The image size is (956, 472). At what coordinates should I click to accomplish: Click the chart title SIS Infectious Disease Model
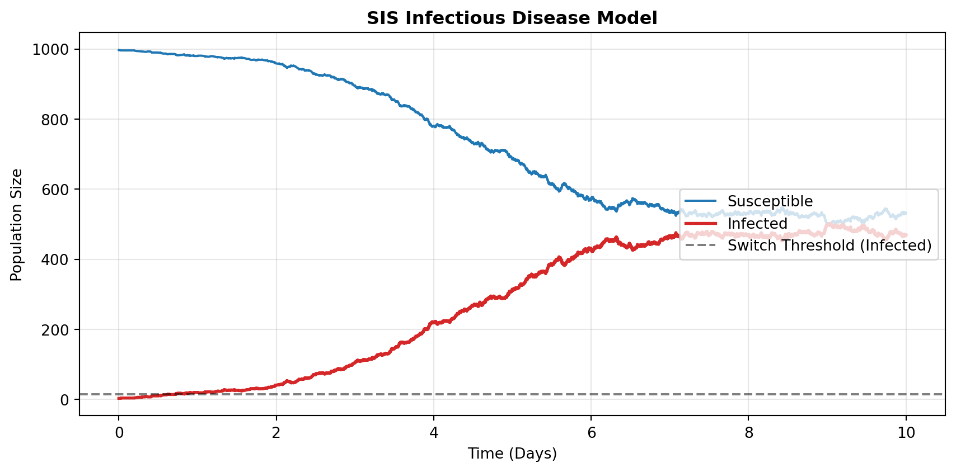tap(512, 18)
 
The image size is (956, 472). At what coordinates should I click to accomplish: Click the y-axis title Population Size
tap(17, 225)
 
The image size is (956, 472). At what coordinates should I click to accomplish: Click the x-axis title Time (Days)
tap(512, 454)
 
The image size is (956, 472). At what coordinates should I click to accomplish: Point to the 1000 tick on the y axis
tap(51, 50)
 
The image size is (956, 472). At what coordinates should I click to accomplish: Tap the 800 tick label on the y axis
tap(55, 120)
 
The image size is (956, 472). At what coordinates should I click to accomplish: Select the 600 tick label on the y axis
tap(55, 190)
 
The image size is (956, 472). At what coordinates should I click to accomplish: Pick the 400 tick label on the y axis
tap(55, 259)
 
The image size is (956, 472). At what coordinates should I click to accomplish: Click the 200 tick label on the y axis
tap(55, 330)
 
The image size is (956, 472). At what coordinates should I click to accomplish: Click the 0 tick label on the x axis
tap(119, 432)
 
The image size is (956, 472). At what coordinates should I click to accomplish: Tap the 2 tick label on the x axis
tap(276, 432)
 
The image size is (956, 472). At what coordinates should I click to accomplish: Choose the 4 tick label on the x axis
tap(433, 432)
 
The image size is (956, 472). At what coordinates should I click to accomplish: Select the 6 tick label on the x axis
tap(591, 432)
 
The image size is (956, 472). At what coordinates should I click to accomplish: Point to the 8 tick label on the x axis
tap(748, 432)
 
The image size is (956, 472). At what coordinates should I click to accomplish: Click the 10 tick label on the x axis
tap(906, 432)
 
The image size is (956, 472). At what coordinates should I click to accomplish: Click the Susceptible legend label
tap(770, 201)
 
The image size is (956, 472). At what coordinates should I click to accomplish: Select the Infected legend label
tap(757, 224)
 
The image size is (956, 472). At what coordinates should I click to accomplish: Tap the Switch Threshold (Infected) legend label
tap(830, 246)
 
